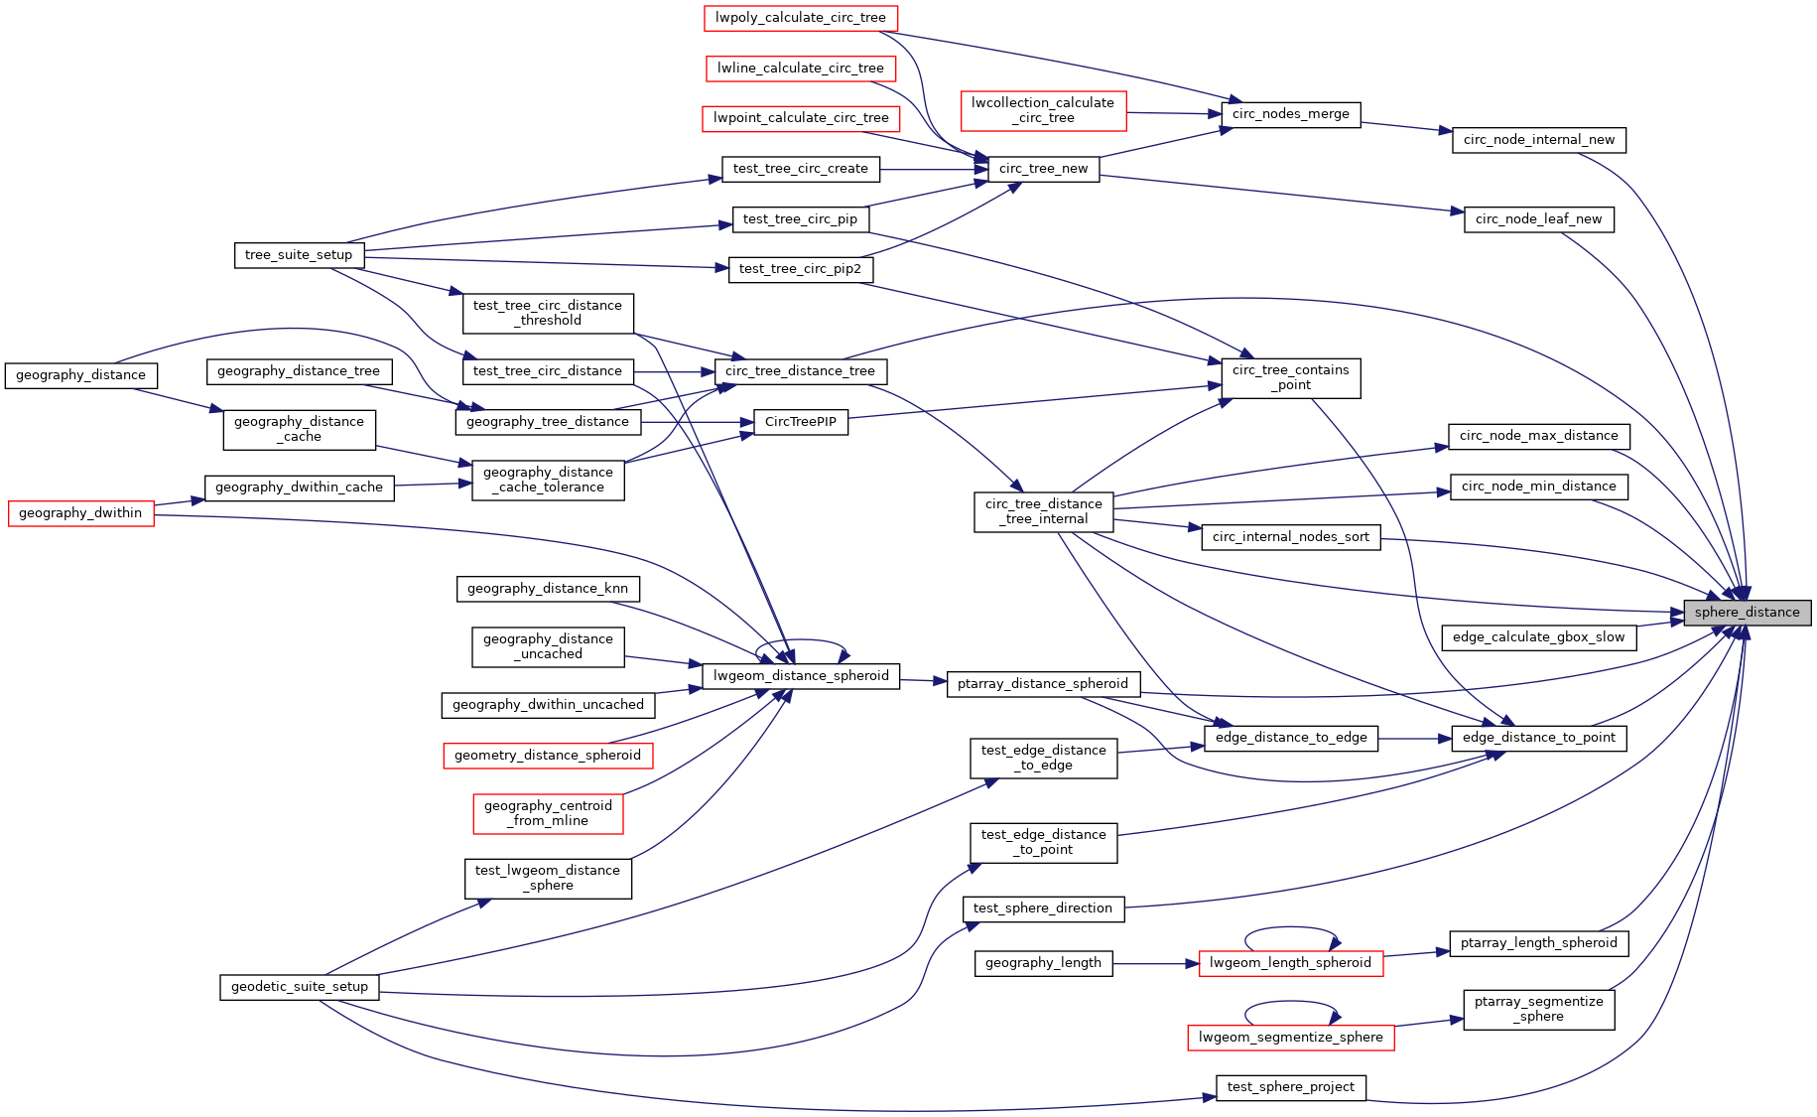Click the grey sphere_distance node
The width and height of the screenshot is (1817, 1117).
pyautogui.click(x=1747, y=613)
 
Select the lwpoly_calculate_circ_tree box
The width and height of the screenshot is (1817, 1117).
pyautogui.click(x=800, y=18)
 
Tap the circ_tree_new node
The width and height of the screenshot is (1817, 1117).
pyautogui.click(x=1043, y=169)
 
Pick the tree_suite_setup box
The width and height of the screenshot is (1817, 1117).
pyautogui.click(x=299, y=255)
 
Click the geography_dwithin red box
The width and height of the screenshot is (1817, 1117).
pyautogui.click(x=80, y=513)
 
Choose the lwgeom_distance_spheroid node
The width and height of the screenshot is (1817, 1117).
pyautogui.click(x=801, y=676)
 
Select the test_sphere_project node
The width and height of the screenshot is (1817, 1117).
pyautogui.click(x=1290, y=1087)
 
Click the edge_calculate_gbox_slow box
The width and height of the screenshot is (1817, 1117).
pyautogui.click(x=1538, y=637)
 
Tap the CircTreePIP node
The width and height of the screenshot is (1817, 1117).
pyautogui.click(x=800, y=422)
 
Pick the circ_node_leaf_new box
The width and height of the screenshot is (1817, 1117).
pyautogui.click(x=1538, y=219)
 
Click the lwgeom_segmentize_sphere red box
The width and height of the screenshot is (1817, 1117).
pyautogui.click(x=1290, y=1038)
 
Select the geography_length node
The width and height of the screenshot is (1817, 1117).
pyautogui.click(x=1043, y=963)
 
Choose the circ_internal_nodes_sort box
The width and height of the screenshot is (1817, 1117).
pyautogui.click(x=1290, y=537)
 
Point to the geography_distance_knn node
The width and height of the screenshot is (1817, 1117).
pyautogui.click(x=548, y=589)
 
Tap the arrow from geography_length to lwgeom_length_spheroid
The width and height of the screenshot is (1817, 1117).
pyautogui.click(x=1156, y=963)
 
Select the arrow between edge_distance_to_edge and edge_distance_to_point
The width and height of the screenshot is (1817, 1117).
pyautogui.click(x=1414, y=738)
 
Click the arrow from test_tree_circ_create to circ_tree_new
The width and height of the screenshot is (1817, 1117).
pyautogui.click(x=933, y=169)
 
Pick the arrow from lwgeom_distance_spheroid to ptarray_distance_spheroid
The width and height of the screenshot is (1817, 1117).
pyautogui.click(x=923, y=680)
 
